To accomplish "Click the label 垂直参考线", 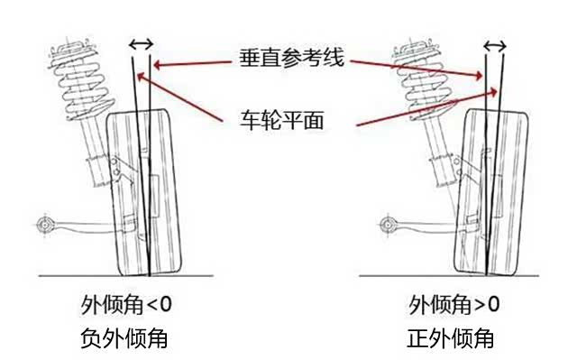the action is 292,58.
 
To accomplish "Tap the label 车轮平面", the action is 282,120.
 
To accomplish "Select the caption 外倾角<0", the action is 126,305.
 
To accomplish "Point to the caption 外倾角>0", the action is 453,305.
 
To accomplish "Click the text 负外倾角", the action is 124,338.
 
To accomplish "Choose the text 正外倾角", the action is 451,338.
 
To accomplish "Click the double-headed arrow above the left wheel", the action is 142,44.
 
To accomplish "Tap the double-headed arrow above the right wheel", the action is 495,46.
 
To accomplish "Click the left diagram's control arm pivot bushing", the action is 44,224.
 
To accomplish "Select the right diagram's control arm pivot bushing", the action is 387,224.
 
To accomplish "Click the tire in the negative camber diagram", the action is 144,192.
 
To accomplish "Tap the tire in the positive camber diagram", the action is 491,191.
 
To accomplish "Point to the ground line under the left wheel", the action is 126,276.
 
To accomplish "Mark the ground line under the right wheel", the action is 449,275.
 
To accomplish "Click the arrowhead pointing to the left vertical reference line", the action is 158,65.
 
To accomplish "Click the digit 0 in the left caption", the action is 166,305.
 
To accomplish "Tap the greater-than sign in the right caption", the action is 480,306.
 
